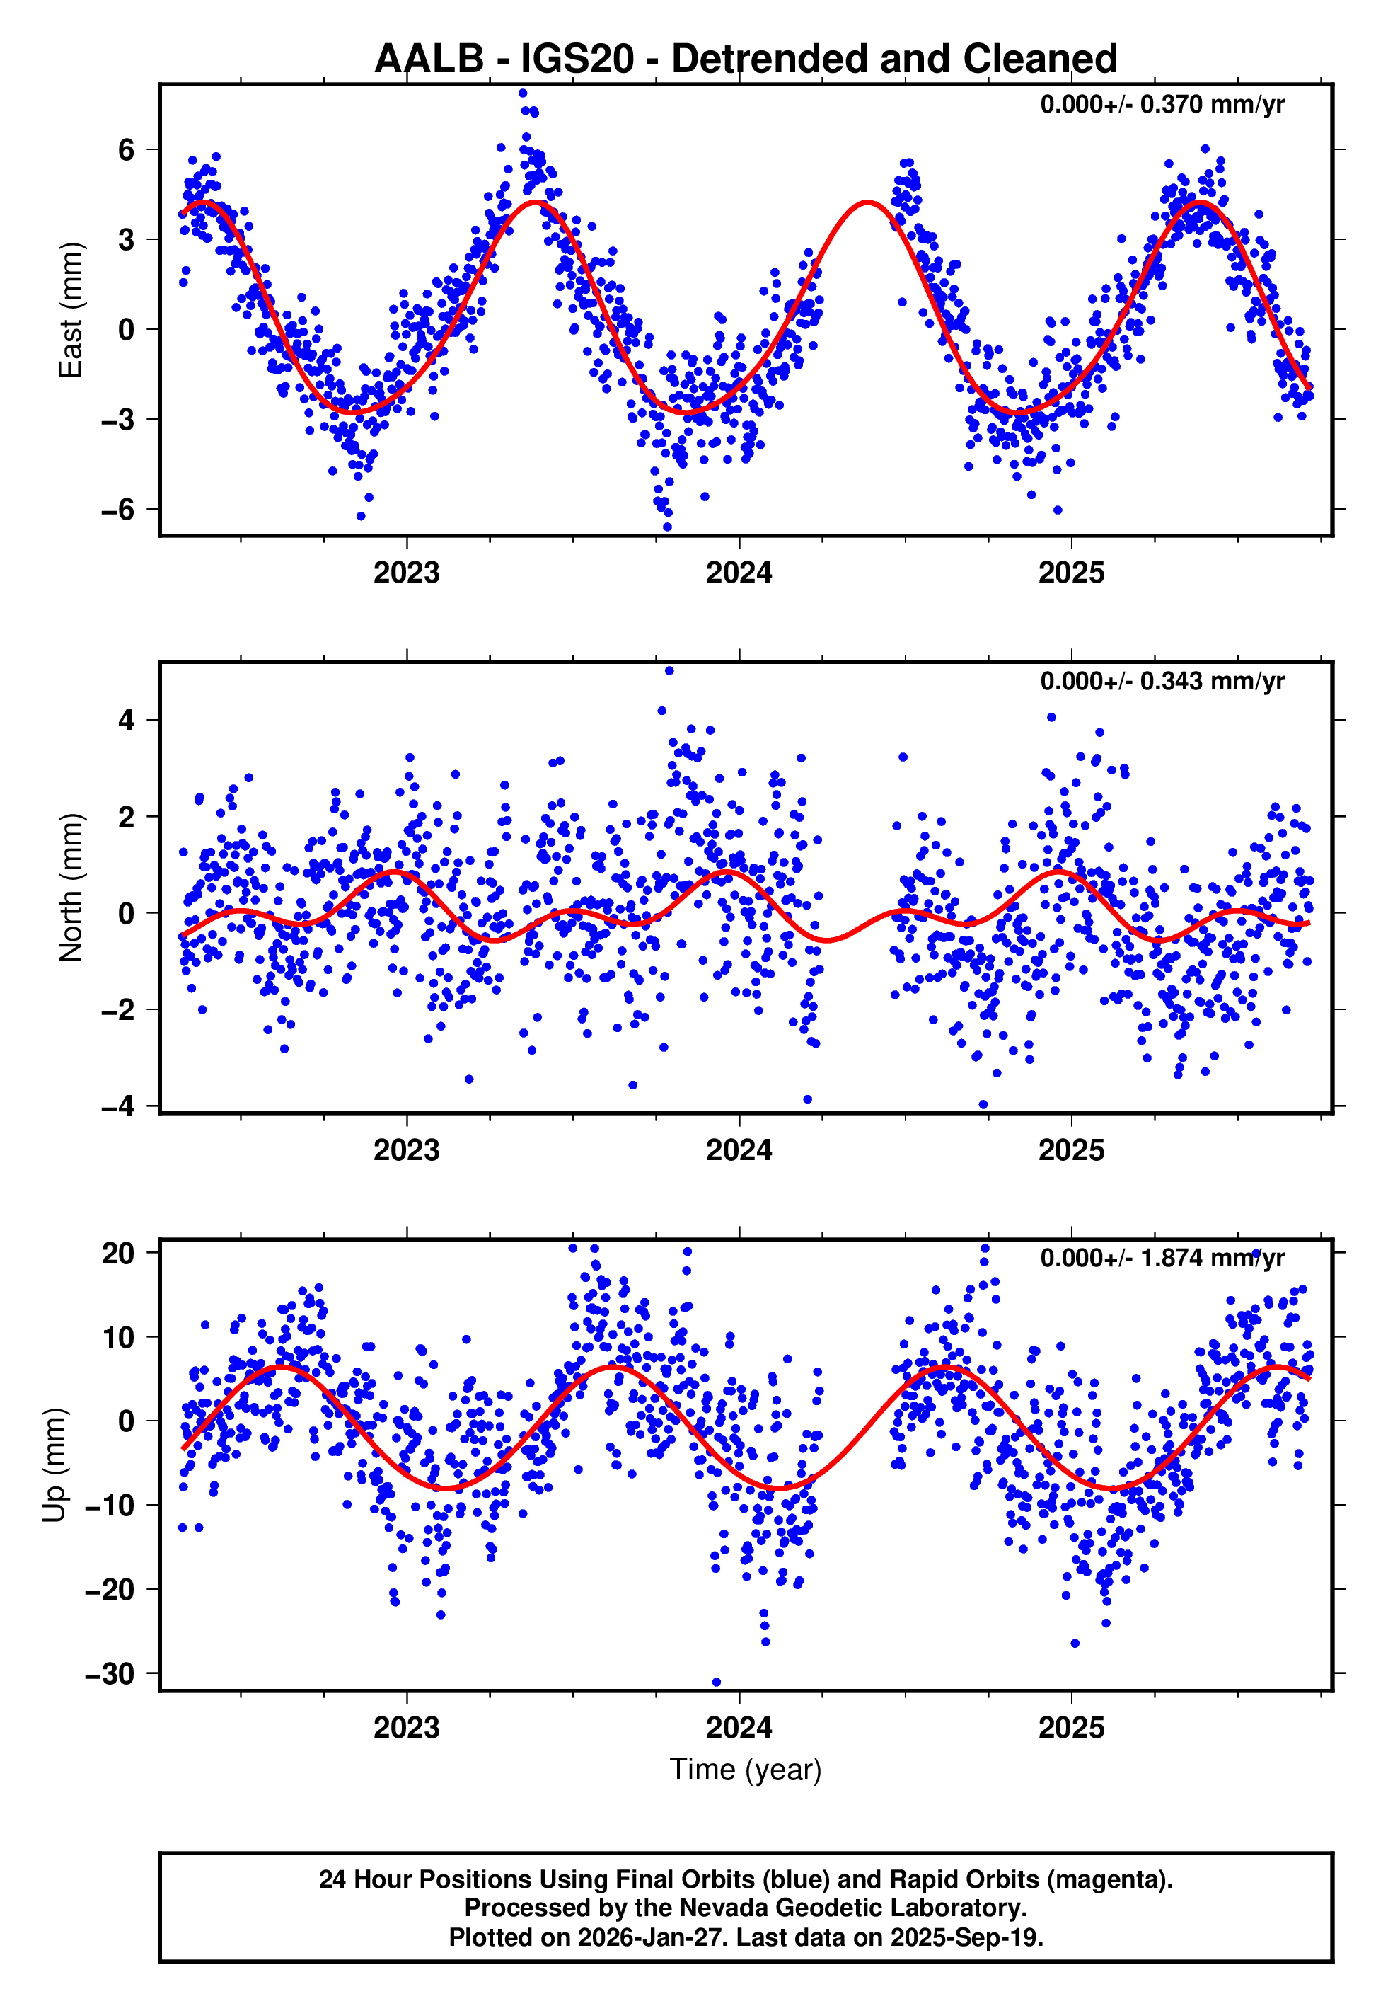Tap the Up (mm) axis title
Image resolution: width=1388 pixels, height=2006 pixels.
(54, 1465)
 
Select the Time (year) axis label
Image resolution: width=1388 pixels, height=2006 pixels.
(746, 1770)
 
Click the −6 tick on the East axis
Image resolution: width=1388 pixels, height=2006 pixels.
(118, 509)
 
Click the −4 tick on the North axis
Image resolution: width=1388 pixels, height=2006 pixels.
(118, 1106)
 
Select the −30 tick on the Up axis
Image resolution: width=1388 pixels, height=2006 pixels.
(110, 1673)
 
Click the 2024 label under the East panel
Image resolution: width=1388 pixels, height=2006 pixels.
(739, 573)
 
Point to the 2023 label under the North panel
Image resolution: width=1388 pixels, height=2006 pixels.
(406, 1150)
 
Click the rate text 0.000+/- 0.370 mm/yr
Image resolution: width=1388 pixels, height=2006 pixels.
(1161, 104)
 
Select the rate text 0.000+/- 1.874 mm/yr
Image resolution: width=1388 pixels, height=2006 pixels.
(1161, 1258)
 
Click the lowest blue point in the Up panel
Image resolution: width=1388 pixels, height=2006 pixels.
(717, 1682)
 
